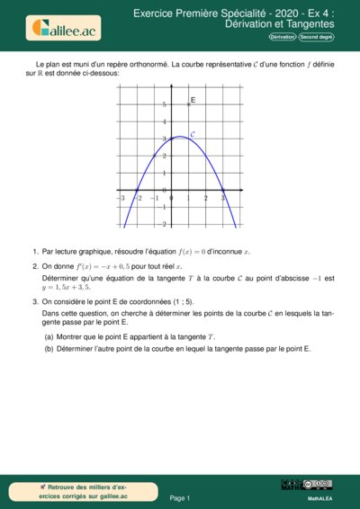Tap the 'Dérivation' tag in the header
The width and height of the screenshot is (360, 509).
282,37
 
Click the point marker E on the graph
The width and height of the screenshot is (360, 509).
187,104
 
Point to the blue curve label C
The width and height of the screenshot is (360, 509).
193,133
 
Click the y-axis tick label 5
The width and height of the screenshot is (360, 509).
164,105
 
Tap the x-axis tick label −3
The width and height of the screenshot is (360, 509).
121,197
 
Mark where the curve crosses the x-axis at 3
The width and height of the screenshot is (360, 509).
223,190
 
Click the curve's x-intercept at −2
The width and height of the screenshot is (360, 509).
137,190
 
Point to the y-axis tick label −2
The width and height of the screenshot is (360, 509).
162,224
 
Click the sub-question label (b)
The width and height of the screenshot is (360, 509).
49,349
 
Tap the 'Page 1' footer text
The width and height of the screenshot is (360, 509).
180,497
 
